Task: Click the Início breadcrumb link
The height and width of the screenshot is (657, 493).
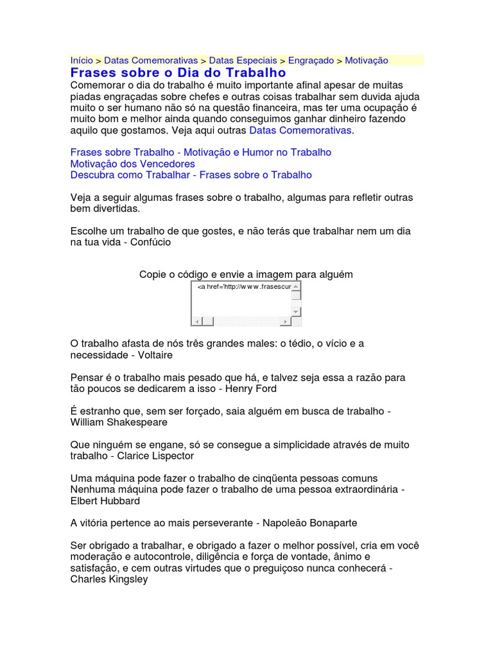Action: coord(82,60)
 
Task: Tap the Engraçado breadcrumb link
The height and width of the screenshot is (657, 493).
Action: coord(311,60)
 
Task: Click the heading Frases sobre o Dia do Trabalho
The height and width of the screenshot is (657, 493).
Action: coord(178,73)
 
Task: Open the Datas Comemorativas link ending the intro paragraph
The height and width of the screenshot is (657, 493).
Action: coord(300,130)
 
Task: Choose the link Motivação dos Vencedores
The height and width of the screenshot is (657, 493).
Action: coord(132,164)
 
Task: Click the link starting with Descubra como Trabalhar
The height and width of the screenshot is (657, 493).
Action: coord(191,175)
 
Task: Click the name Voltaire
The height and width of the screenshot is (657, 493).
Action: coord(155,354)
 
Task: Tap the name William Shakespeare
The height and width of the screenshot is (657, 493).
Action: coord(119,422)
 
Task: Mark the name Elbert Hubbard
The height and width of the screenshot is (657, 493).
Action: coord(105,500)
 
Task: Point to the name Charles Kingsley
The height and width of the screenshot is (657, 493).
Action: coord(108,579)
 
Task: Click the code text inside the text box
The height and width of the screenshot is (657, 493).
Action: coord(243,287)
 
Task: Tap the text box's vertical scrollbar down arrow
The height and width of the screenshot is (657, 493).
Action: coord(296,311)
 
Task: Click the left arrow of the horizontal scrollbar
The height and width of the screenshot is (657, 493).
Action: coord(197,321)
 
